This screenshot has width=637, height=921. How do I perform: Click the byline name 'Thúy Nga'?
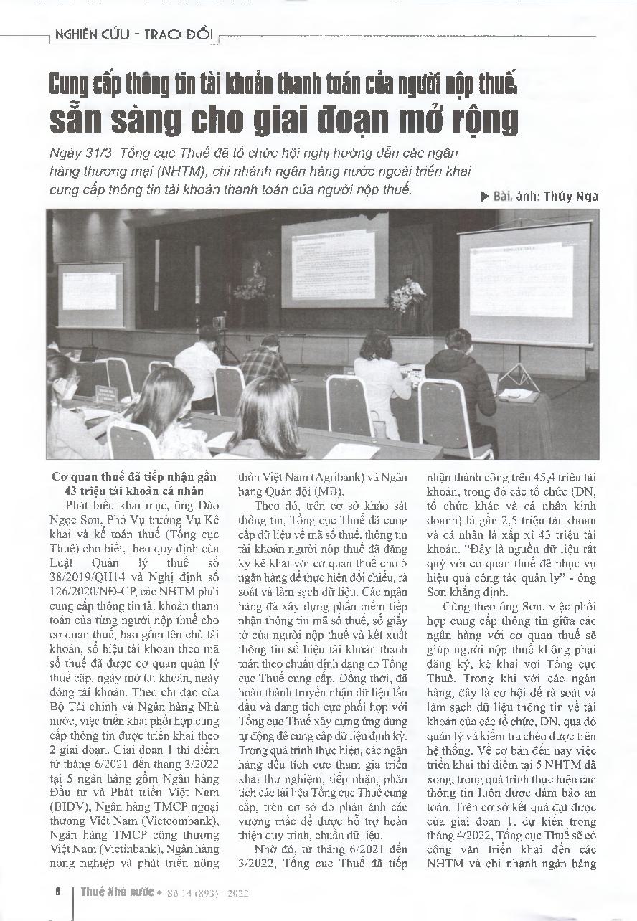570,197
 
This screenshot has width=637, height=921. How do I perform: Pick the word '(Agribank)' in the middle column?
326,476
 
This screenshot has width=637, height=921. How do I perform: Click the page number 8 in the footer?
57,892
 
